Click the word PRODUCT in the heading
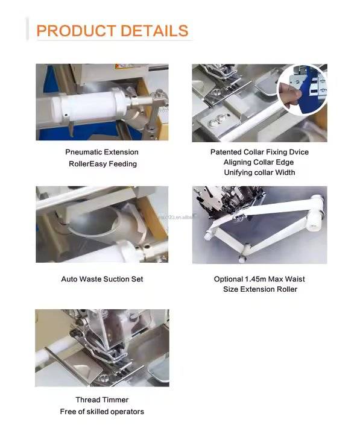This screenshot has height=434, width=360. tap(76, 31)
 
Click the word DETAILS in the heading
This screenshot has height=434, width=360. tap(154, 31)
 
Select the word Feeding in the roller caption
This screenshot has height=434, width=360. tap(122, 164)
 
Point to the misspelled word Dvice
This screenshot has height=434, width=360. tap(299, 152)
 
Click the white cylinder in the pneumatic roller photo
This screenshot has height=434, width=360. tap(89, 105)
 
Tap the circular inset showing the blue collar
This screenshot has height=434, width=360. tap(302, 90)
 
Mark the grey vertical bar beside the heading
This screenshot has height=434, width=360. tap(27, 29)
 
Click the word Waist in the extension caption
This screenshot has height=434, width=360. tap(295, 279)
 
